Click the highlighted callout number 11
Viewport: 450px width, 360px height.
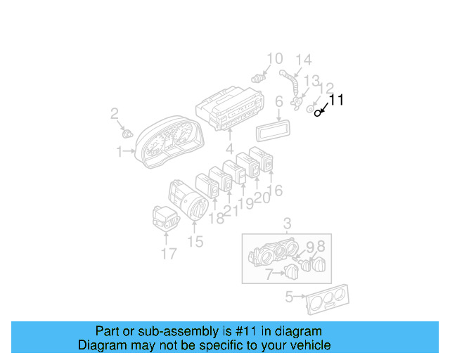(x=337, y=101)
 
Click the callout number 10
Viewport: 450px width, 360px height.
(x=274, y=58)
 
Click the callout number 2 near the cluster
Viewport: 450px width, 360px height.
(x=115, y=114)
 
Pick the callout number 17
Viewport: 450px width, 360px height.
(x=169, y=253)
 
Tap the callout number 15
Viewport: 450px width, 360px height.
(x=195, y=241)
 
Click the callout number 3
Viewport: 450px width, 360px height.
(x=287, y=224)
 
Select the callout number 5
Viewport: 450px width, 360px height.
(x=288, y=297)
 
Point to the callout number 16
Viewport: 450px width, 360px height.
(x=276, y=190)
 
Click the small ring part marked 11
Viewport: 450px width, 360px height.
(x=318, y=112)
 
